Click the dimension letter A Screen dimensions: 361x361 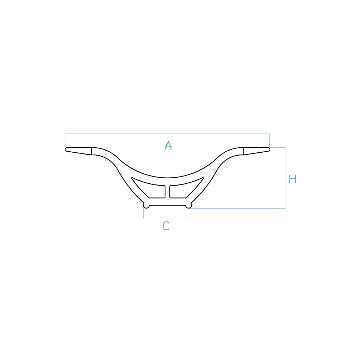click(x=168, y=145)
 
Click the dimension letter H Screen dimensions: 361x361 click(x=292, y=179)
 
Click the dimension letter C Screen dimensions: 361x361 click(x=166, y=226)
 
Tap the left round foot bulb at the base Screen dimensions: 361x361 click(x=146, y=206)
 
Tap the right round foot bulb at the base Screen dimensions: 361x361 click(x=188, y=206)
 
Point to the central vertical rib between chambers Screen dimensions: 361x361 click(x=168, y=192)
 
